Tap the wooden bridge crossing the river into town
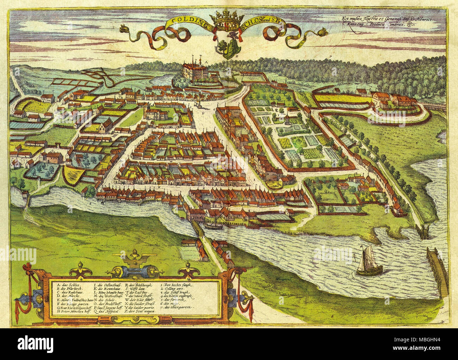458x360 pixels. (x=197, y=231)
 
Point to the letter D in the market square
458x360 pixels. (x=204, y=113)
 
